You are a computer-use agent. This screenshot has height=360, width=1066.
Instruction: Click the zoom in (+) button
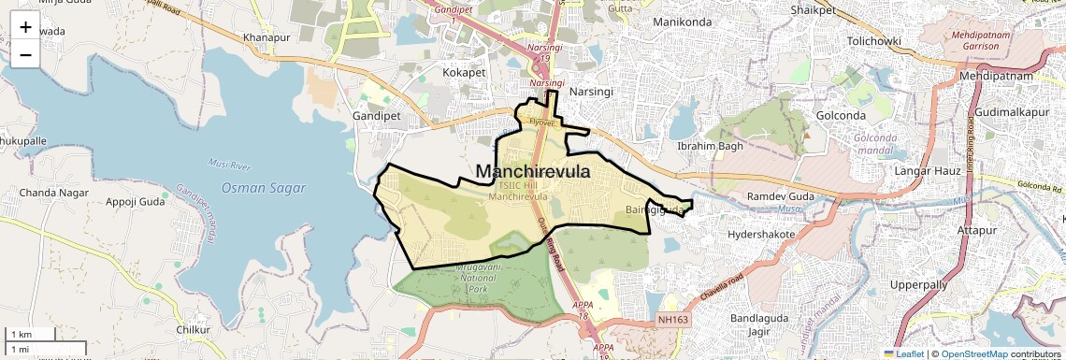tap(25, 26)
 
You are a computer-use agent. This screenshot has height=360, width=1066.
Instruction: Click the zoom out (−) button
tap(25, 54)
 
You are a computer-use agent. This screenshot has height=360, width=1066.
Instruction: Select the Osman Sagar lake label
tap(264, 188)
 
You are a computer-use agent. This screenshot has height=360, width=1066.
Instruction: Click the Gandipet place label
tap(376, 115)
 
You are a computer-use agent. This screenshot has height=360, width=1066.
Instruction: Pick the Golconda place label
tap(841, 115)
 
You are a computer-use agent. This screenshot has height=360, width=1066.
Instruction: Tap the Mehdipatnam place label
tap(994, 76)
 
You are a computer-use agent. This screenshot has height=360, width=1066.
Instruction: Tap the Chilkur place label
tap(194, 329)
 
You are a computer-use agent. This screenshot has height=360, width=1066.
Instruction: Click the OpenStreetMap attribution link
tap(976, 353)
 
